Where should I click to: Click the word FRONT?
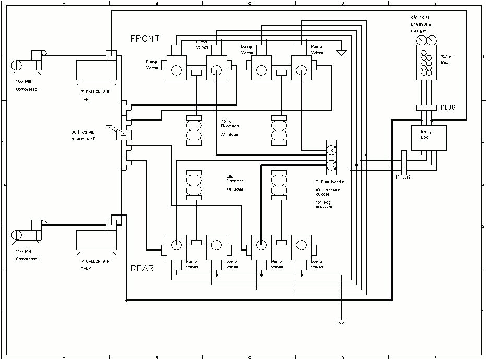click(x=145, y=39)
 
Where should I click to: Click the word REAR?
click(x=142, y=268)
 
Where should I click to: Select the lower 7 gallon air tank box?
click(x=97, y=239)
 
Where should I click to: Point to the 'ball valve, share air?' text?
click(x=86, y=135)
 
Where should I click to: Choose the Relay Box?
click(x=429, y=138)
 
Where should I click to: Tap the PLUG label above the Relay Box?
click(x=448, y=107)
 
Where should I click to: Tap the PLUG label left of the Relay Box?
click(x=402, y=177)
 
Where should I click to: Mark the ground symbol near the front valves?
click(x=341, y=53)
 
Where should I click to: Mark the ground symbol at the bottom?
click(x=341, y=321)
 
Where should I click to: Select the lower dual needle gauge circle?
click(x=331, y=166)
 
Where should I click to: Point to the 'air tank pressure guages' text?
click(x=420, y=24)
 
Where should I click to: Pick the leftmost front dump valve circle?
click(x=176, y=70)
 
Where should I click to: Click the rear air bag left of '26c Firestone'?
click(x=196, y=186)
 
